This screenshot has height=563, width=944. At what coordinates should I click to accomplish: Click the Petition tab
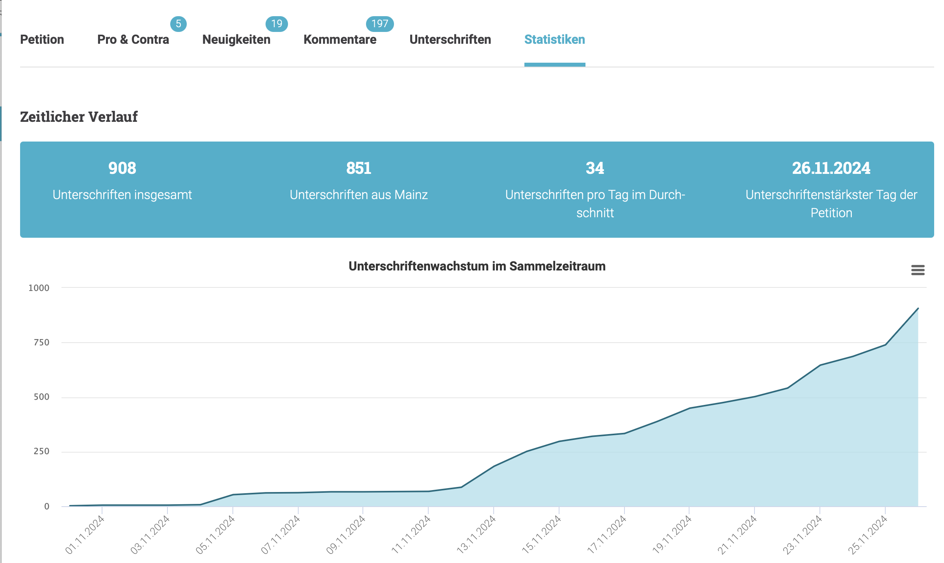click(42, 39)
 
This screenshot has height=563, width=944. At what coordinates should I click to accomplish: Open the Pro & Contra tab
click(133, 39)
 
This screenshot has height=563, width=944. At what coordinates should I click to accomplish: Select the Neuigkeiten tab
click(236, 39)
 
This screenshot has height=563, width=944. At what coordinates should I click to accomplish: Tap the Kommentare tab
click(340, 39)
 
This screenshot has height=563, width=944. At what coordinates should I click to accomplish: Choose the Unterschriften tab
click(450, 39)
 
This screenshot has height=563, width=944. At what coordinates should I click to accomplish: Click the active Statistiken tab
click(555, 39)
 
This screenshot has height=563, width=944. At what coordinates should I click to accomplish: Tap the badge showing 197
click(380, 24)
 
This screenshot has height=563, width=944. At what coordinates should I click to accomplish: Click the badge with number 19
click(277, 24)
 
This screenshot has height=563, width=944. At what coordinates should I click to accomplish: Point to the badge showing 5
click(178, 24)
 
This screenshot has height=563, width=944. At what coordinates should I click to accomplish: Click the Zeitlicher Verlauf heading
click(79, 117)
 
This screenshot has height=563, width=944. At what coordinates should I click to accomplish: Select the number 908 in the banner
click(122, 168)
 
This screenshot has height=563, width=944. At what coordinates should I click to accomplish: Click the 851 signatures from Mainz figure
click(359, 168)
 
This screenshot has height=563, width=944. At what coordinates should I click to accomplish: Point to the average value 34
click(595, 168)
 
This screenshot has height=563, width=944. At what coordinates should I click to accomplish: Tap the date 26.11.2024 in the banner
click(831, 168)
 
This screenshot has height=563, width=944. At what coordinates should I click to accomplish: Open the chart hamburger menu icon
click(918, 270)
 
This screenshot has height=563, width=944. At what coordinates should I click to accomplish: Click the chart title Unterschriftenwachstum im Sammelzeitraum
click(477, 266)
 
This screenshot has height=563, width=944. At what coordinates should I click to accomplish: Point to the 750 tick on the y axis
click(41, 342)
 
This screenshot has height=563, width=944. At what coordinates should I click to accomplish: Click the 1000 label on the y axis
click(39, 288)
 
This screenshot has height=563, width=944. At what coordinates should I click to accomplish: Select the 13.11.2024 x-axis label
click(476, 535)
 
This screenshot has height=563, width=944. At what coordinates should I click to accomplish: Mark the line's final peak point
click(918, 308)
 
